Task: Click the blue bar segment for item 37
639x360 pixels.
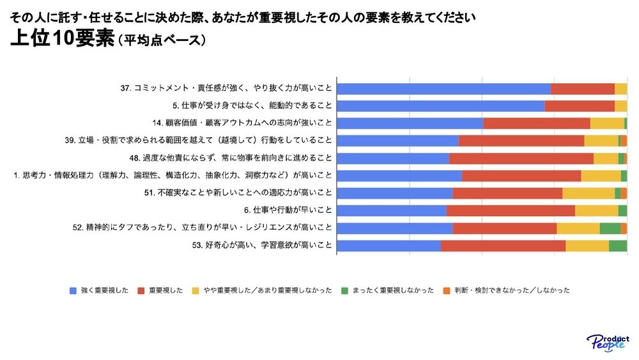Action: (x=443, y=89)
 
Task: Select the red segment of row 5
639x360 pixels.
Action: (x=580, y=106)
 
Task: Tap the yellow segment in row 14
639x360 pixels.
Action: (x=607, y=123)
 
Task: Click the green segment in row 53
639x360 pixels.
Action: (x=618, y=246)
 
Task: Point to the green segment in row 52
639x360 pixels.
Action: (x=610, y=228)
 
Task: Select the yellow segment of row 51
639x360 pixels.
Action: (x=589, y=193)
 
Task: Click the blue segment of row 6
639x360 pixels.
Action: (x=392, y=210)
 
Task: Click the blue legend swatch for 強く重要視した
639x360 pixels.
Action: (x=73, y=290)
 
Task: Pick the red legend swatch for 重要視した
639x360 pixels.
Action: (x=141, y=290)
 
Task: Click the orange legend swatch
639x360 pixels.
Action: (x=446, y=290)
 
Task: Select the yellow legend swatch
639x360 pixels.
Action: (x=196, y=290)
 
